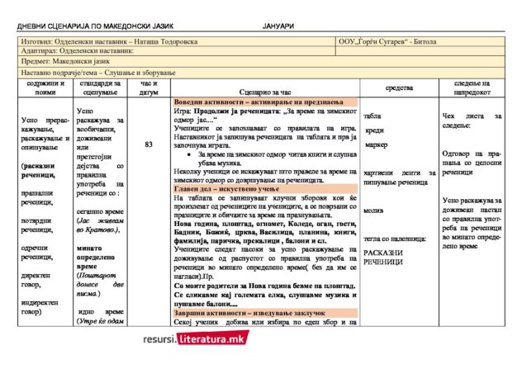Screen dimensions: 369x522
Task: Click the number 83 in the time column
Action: pyautogui.click(x=149, y=145)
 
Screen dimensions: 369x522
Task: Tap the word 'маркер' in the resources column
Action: pyautogui.click(x=376, y=145)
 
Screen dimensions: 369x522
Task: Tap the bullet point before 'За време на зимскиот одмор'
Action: pyautogui.click(x=192, y=154)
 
